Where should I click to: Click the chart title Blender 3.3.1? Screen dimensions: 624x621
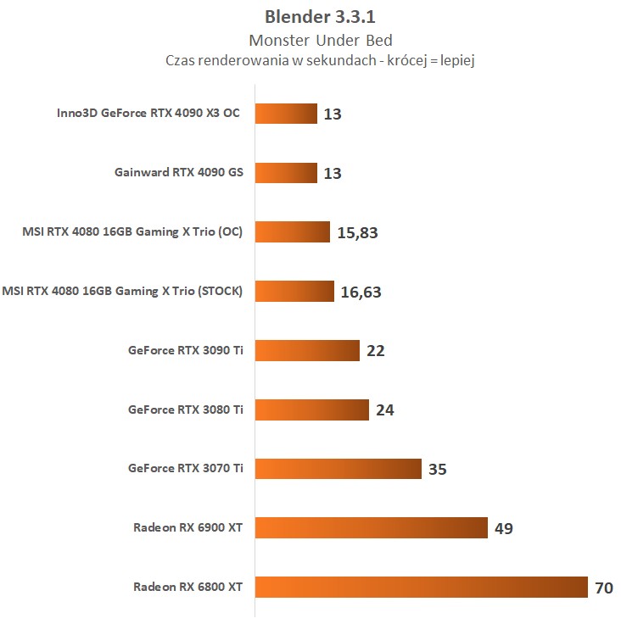coord(310,17)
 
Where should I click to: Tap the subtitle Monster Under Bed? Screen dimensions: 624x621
coord(310,40)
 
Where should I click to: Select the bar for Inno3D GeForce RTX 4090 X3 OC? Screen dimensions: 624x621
coord(286,114)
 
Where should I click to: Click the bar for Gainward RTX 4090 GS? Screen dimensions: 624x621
coord(286,173)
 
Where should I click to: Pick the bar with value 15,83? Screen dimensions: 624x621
coord(292,232)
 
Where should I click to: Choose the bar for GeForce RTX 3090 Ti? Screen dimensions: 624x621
coord(308,350)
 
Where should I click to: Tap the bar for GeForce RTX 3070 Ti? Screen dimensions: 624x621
coord(338,469)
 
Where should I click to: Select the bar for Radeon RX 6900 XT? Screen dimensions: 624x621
coord(372,527)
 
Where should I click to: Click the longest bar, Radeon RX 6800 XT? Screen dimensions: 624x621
coord(422,587)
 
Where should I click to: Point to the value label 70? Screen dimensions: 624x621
coord(603,588)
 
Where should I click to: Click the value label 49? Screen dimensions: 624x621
coord(504,528)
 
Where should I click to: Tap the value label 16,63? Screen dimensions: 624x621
coord(361,292)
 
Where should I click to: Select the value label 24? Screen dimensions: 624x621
coord(384,410)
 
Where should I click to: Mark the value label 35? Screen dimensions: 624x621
coord(438,470)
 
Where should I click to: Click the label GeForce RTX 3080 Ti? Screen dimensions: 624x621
coord(186,409)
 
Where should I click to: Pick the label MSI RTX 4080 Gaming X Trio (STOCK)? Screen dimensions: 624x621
coord(122,292)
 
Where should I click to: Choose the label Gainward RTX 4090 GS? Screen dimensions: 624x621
coord(179,173)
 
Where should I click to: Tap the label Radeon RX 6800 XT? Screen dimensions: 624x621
coord(188,587)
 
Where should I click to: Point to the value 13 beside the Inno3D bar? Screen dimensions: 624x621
coord(333,114)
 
